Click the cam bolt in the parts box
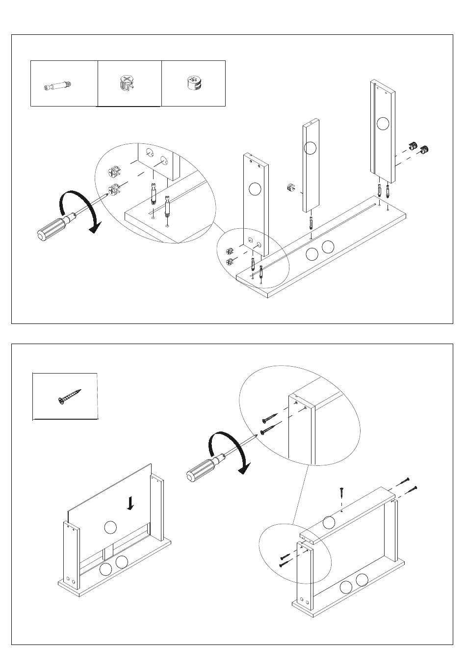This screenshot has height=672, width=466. click(58, 86)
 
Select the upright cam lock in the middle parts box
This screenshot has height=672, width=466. click(127, 84)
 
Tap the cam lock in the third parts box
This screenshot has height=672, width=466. click(194, 83)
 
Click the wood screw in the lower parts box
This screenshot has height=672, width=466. click(69, 397)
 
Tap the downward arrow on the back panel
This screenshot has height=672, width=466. click(130, 503)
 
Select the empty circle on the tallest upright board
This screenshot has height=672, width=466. click(383, 123)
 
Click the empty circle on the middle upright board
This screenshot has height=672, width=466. click(310, 147)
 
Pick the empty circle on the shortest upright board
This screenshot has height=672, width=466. click(254, 189)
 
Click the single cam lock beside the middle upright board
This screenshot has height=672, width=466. click(291, 187)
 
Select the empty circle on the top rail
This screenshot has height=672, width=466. click(329, 522)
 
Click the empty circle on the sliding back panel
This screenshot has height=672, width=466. click(111, 527)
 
